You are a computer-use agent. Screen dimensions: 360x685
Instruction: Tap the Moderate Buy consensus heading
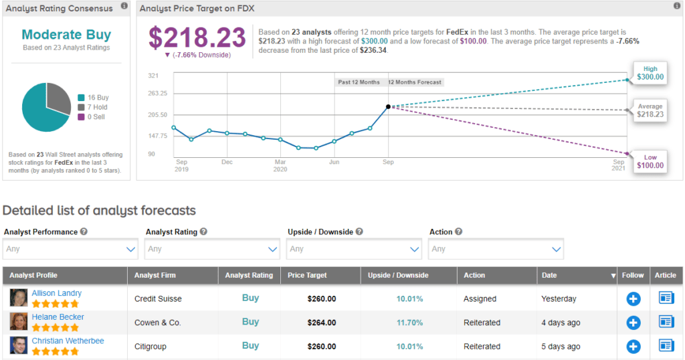click(66, 35)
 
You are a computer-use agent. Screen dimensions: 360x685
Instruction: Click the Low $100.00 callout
click(650, 162)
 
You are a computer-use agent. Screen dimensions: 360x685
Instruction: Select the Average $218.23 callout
click(650, 111)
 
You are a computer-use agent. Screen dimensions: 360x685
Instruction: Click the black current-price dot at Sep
click(388, 106)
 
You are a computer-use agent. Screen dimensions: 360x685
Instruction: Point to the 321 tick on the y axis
click(153, 76)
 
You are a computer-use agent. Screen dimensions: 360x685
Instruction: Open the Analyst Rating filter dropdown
click(212, 249)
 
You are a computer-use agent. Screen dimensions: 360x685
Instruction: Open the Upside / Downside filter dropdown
click(354, 249)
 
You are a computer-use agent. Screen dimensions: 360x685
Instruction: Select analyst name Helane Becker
click(58, 317)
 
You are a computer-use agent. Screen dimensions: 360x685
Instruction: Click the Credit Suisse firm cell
click(158, 298)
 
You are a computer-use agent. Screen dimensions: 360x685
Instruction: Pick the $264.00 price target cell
click(320, 323)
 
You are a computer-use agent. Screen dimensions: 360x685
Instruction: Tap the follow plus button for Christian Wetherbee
click(633, 347)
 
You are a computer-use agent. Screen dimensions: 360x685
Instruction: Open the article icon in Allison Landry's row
click(666, 298)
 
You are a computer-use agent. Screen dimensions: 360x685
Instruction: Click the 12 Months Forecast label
click(415, 82)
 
